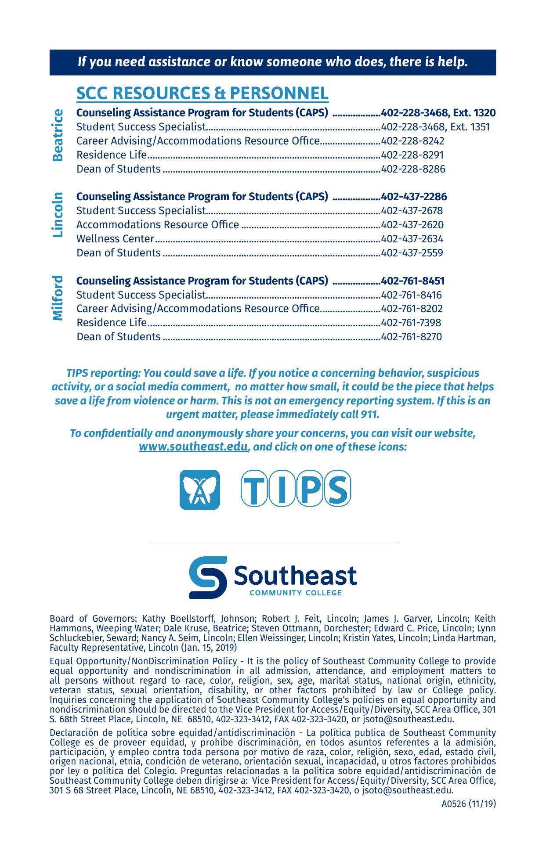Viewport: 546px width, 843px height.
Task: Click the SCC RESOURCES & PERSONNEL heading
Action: coord(202,94)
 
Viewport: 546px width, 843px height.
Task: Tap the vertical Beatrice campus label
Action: coord(58,136)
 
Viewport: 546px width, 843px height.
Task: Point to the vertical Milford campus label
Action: coord(58,298)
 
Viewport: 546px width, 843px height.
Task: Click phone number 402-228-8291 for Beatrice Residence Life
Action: coord(412,155)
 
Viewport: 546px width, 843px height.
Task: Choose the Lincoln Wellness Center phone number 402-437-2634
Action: coord(412,239)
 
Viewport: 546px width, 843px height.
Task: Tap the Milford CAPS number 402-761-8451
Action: coord(413,281)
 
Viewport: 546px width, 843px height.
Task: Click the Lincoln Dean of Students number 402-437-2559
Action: coord(412,253)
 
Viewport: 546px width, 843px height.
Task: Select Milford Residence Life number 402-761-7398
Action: coord(411,323)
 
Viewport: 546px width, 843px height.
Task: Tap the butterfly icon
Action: coord(200,490)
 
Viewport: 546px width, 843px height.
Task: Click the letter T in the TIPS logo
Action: coord(254,488)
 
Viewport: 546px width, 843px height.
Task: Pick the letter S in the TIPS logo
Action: coord(337,488)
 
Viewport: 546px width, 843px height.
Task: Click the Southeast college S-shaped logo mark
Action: coord(208,577)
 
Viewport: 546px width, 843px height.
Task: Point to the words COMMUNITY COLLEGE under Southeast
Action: coord(295,593)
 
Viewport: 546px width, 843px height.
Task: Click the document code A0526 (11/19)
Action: coord(469,804)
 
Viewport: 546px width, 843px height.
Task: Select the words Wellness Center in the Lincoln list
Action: coord(115,239)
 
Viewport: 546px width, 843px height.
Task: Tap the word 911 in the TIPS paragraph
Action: coord(369,414)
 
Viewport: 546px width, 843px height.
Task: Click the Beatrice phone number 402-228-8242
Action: coord(413,141)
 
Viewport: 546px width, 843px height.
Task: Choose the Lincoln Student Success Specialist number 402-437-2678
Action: coord(412,211)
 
